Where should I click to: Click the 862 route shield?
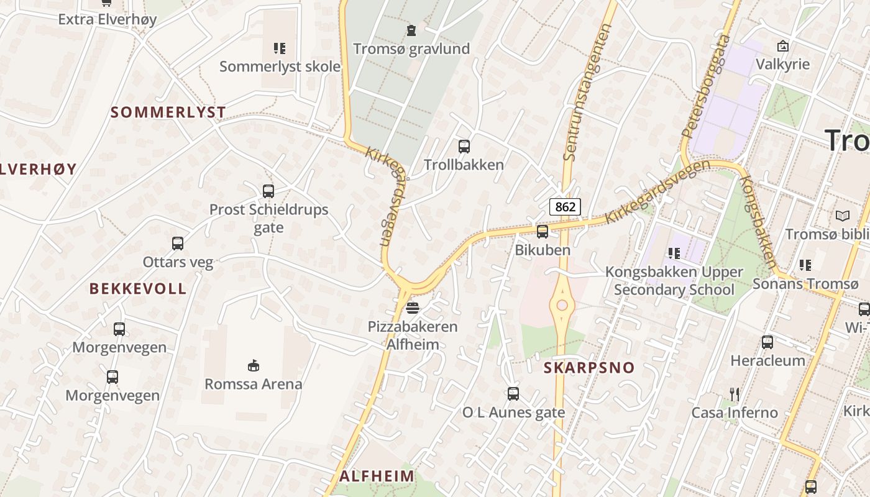(565, 207)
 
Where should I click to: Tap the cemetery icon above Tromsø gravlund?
(411, 30)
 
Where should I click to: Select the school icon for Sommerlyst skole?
(280, 48)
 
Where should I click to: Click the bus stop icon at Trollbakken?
(464, 147)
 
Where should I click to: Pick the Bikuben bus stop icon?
(543, 232)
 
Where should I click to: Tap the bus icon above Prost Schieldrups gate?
(268, 191)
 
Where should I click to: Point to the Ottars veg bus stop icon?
(178, 244)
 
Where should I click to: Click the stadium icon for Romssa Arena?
(254, 365)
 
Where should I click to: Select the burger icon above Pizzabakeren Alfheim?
(413, 308)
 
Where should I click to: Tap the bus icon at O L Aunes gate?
(513, 393)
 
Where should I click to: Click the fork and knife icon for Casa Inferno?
(735, 394)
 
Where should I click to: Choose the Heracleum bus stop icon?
(767, 342)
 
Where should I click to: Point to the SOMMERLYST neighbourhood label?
(168, 112)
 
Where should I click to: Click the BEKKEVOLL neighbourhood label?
(138, 288)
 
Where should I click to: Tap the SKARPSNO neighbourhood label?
(589, 367)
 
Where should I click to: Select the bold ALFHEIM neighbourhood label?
(377, 476)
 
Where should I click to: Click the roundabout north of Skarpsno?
(562, 305)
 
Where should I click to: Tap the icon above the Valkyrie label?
(783, 45)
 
